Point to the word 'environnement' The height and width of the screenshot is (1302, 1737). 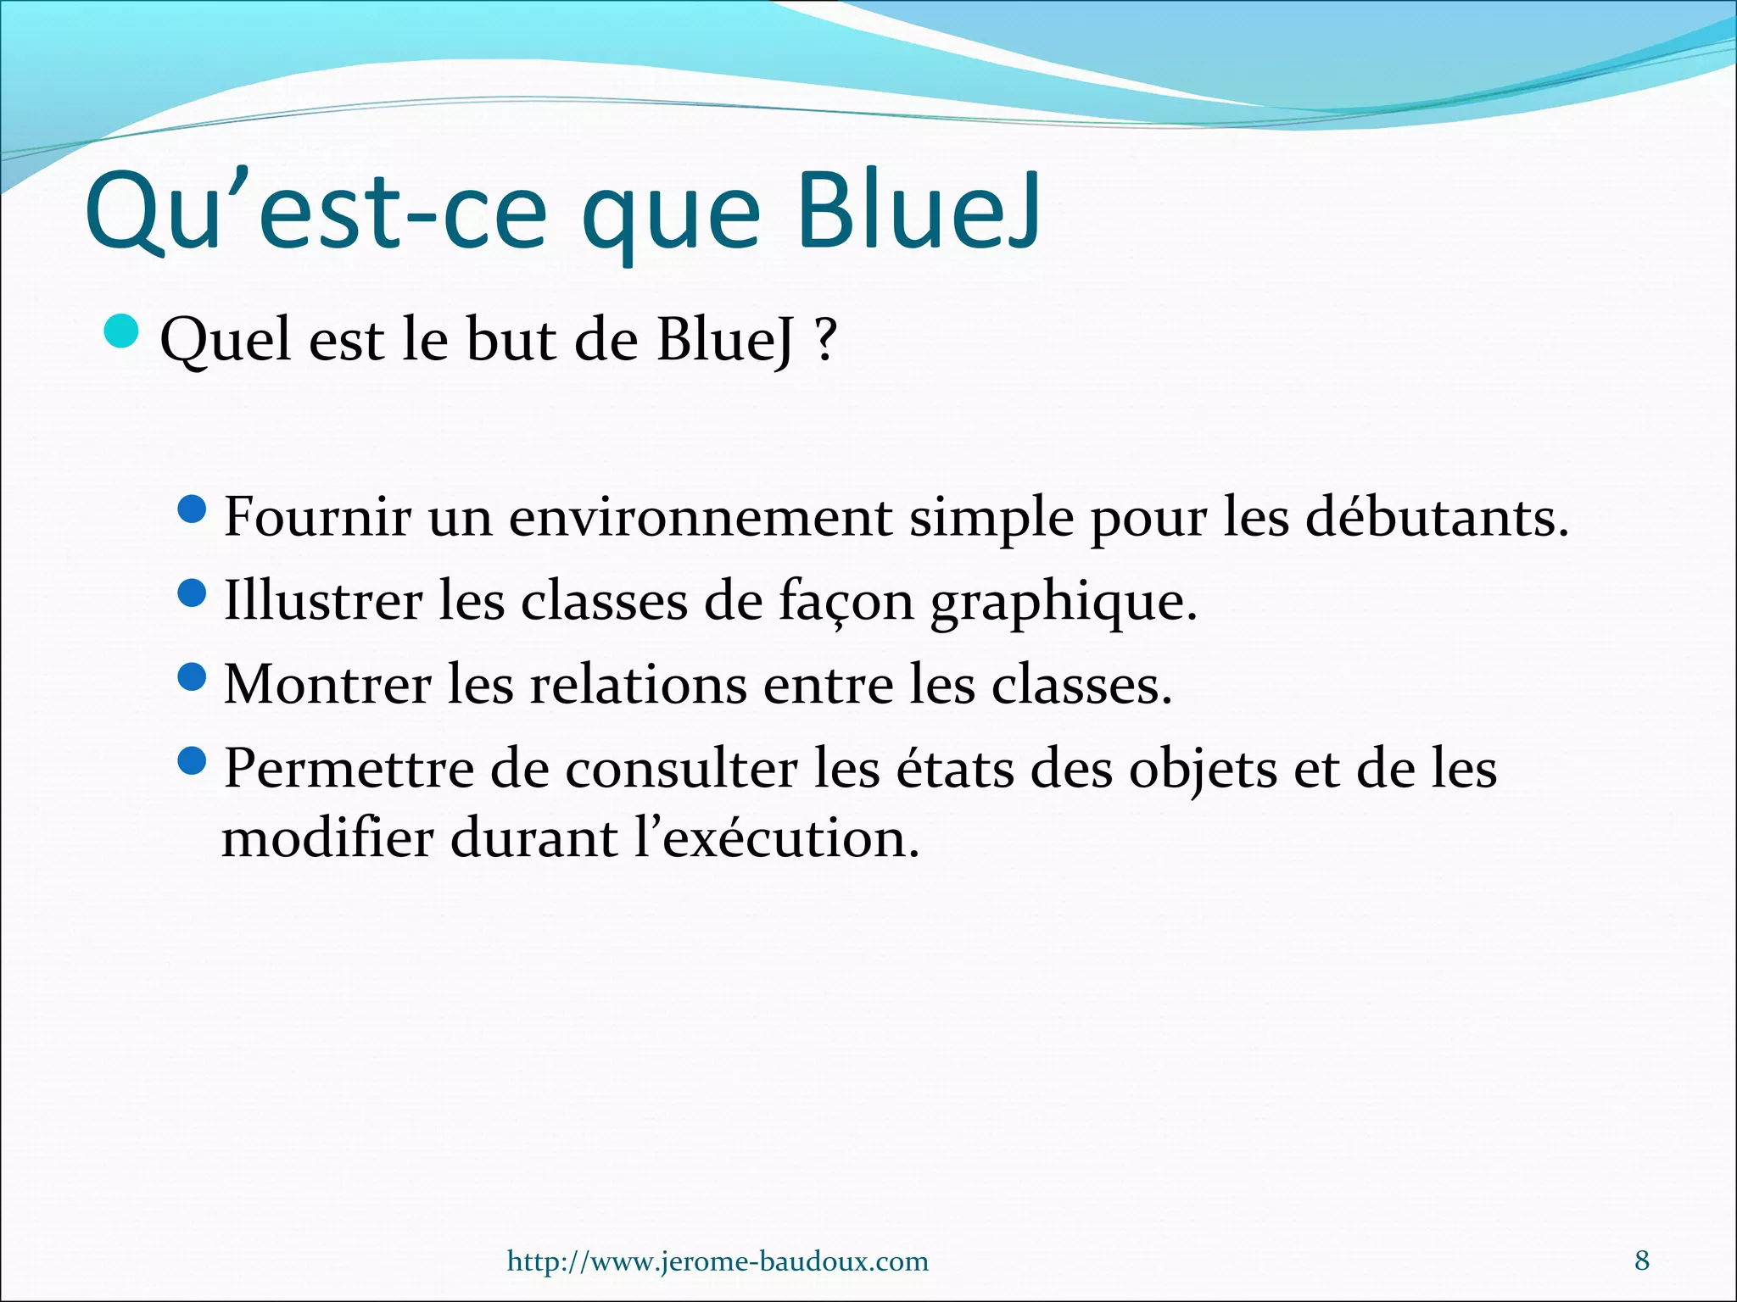pyautogui.click(x=700, y=517)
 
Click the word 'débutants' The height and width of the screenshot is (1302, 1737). pyautogui.click(x=1429, y=517)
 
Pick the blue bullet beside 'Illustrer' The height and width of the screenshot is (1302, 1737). pyautogui.click(x=193, y=593)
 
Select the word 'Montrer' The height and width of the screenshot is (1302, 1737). pyautogui.click(x=327, y=685)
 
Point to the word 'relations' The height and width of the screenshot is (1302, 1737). pyautogui.click(x=639, y=685)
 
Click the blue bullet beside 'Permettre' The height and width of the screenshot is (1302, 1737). pyautogui.click(x=193, y=760)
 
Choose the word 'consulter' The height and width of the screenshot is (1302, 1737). pyautogui.click(x=681, y=770)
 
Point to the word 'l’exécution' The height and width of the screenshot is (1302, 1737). pyautogui.click(x=776, y=838)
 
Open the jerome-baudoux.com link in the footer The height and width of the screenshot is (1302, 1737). pyautogui.click(x=718, y=1261)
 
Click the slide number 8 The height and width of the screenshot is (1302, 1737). pyautogui.click(x=1642, y=1260)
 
